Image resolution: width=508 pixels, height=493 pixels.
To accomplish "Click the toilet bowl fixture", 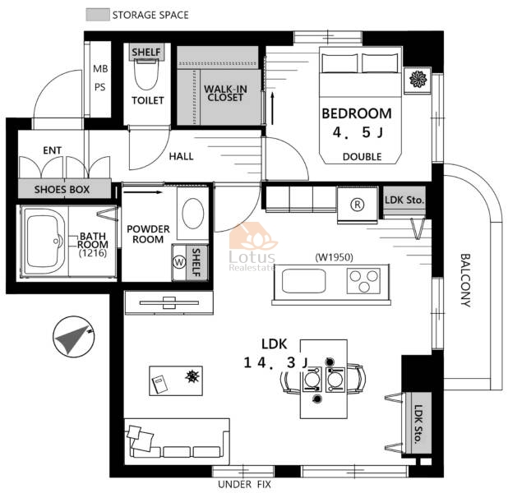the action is (x=146, y=75).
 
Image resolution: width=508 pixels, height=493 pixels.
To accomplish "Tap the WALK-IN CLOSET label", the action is (x=225, y=93).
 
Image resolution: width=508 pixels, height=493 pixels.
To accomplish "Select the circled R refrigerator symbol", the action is (x=358, y=205).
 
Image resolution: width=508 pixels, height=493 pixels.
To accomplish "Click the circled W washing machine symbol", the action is (x=179, y=262).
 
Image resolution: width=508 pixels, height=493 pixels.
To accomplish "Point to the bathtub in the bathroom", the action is (x=44, y=242).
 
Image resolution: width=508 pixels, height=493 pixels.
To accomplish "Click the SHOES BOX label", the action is (x=62, y=190).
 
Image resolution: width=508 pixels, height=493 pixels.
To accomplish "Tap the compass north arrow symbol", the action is (x=74, y=337).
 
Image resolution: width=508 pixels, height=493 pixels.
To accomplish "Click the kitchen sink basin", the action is (x=303, y=281).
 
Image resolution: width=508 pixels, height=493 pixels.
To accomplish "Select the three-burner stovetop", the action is (x=363, y=281).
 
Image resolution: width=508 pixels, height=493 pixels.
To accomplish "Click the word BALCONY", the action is (x=465, y=280).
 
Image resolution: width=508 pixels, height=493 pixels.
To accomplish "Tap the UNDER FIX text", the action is (x=244, y=485).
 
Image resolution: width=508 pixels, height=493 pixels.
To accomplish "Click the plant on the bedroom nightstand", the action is (x=418, y=79).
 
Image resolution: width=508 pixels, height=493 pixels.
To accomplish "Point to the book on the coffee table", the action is (x=159, y=384).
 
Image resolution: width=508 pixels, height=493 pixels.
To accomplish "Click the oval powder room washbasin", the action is (x=193, y=214).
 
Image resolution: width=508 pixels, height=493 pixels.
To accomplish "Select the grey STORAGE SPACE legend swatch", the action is (x=98, y=15).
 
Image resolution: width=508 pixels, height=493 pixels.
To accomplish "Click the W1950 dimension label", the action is (x=334, y=257).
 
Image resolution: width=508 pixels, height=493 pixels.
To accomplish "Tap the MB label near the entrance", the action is (x=100, y=69).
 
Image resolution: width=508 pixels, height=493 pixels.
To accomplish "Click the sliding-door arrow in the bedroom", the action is (x=272, y=108).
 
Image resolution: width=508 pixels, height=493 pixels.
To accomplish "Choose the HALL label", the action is (x=181, y=157).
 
